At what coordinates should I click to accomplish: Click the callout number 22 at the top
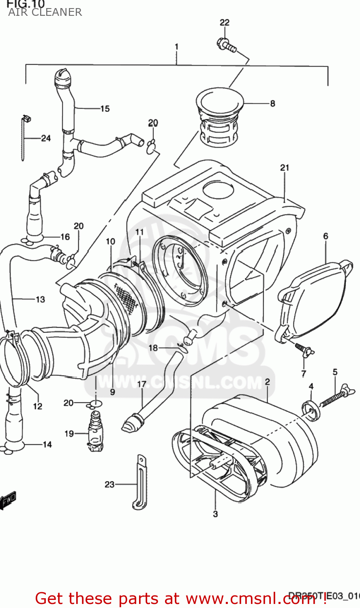click(225, 23)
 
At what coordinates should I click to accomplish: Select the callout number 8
click(272, 103)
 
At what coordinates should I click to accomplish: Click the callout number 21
click(285, 167)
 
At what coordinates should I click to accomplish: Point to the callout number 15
click(105, 109)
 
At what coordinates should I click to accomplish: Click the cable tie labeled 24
click(25, 138)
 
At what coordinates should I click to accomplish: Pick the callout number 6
click(326, 236)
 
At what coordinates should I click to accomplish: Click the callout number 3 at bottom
click(215, 514)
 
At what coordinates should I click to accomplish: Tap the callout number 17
click(142, 384)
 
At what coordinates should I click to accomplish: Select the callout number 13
click(40, 300)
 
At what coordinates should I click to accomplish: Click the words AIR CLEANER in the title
click(45, 12)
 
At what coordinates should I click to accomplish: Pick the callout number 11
click(139, 232)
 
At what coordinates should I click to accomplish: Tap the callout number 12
click(38, 406)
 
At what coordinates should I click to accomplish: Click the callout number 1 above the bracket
click(176, 47)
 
